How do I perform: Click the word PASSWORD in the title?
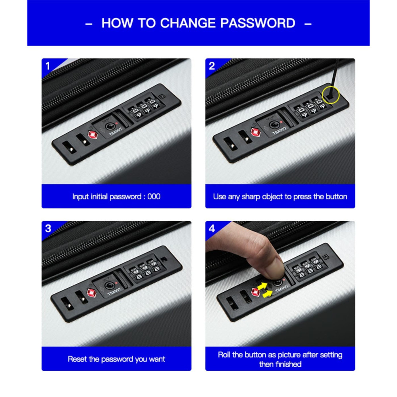coord(258,23)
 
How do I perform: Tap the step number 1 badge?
coord(48,66)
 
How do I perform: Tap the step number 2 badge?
coord(212,66)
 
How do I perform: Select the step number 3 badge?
coord(48,229)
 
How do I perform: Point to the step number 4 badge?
coord(212,229)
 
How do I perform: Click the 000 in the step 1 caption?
coord(154,197)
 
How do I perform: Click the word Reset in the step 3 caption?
coord(77,359)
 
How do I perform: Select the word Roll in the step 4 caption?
coord(224,355)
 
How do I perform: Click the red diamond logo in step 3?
coord(91,293)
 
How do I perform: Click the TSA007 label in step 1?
coord(116,131)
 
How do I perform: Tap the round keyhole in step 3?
coord(109,285)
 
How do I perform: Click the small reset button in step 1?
coord(162,96)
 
